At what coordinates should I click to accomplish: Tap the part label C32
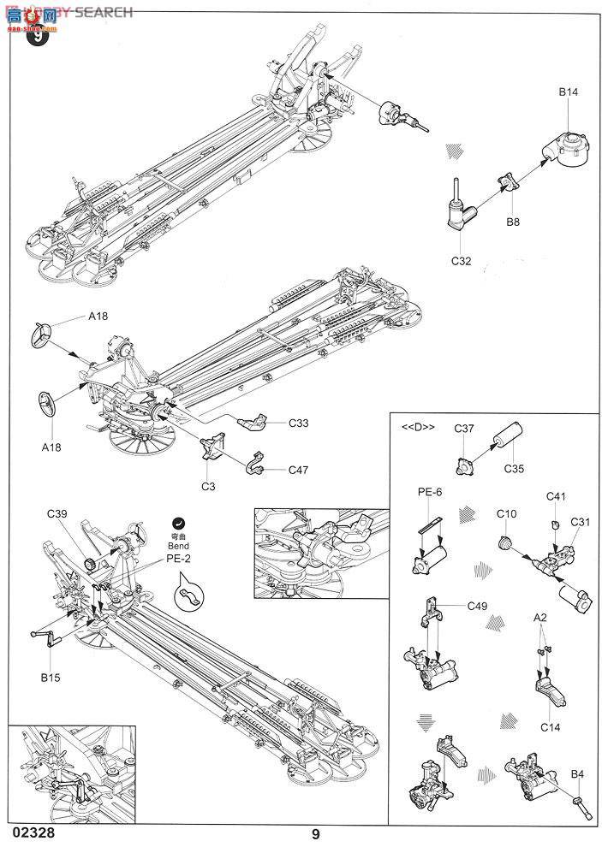tap(460, 262)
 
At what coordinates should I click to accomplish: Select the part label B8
tap(513, 222)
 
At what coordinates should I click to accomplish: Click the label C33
tap(299, 423)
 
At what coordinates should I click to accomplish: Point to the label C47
tap(299, 470)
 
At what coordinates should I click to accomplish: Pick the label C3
tap(207, 487)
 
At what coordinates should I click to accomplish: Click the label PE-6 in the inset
tap(431, 492)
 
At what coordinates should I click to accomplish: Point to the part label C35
tap(513, 469)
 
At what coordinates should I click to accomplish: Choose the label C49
tap(479, 606)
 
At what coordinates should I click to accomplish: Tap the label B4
tap(578, 775)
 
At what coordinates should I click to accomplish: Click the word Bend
tap(178, 544)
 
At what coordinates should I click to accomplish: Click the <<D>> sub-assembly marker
tap(419, 427)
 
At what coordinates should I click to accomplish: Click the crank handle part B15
tap(43, 637)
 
